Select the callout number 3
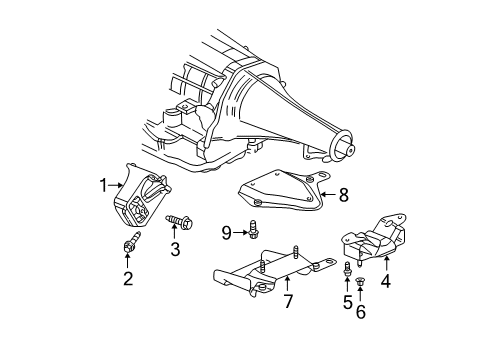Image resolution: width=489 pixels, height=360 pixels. [x=174, y=250]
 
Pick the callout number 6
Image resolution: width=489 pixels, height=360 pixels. [x=362, y=312]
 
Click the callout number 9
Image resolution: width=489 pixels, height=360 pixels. [x=226, y=233]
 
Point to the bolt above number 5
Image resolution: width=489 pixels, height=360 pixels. [x=347, y=268]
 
